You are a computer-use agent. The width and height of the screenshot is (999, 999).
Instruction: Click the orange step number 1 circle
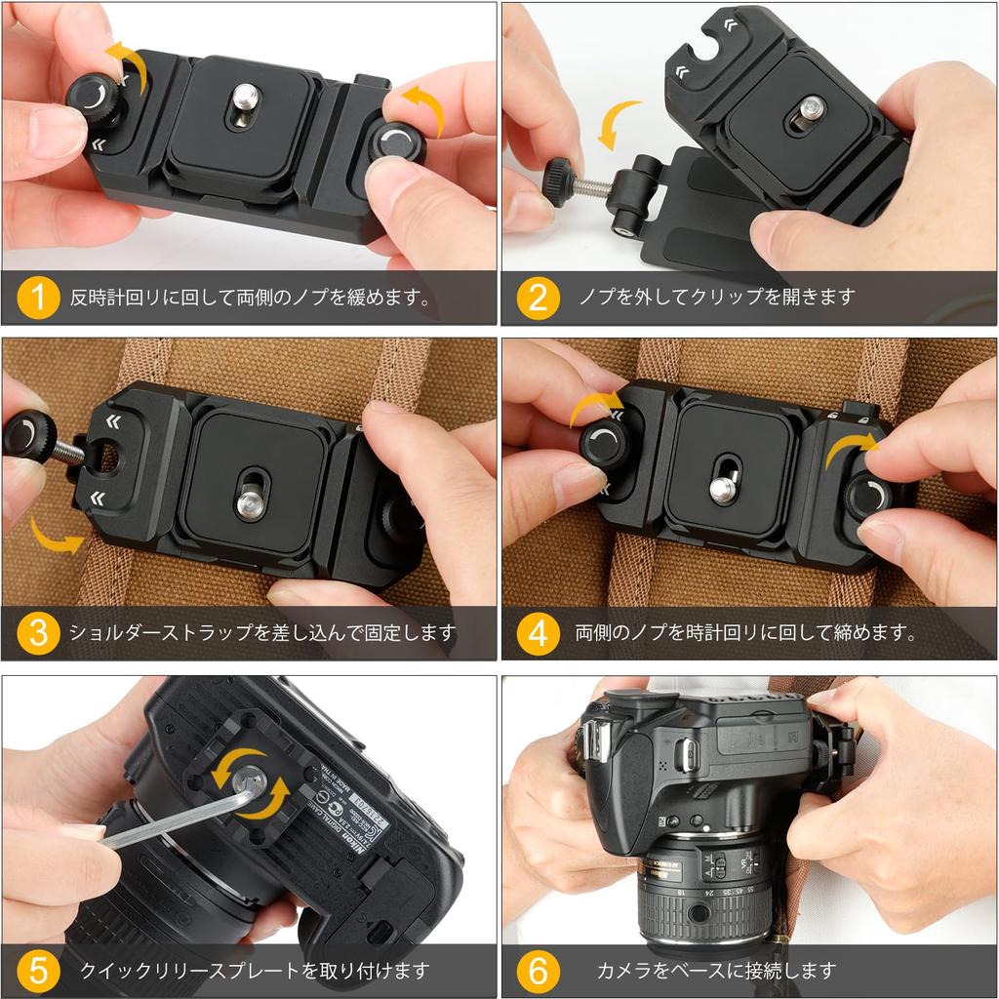coord(38,298)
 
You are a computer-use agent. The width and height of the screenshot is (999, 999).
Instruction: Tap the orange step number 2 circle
coord(538,298)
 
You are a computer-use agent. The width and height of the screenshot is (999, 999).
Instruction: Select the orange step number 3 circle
coord(38,632)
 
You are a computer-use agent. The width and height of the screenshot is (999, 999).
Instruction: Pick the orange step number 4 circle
coord(538,632)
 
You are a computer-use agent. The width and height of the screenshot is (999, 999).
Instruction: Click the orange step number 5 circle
coord(38,970)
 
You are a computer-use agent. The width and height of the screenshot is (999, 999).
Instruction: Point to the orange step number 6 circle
coord(538,970)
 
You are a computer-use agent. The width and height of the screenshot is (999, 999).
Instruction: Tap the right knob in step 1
coord(396,143)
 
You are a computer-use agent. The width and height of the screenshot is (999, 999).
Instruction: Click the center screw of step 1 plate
coord(245,99)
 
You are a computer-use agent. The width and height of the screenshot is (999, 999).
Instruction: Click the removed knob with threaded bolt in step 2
coord(576,182)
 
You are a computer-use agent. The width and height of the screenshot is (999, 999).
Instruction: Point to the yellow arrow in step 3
coord(55,537)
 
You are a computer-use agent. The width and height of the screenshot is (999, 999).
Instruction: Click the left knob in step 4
coord(604,444)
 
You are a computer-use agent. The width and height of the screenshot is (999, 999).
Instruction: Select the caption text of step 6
coord(716,971)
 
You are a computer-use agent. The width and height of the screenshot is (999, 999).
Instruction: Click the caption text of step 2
coord(716,297)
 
